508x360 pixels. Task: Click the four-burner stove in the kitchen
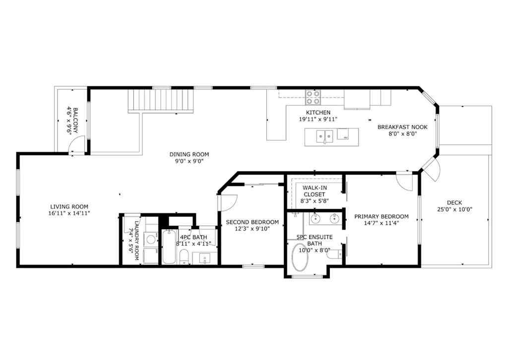coord(313,97)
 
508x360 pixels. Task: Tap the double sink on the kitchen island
coord(325,135)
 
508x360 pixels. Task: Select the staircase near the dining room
coord(160,101)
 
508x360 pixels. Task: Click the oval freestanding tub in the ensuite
coord(300,257)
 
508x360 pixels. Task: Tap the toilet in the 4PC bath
coord(183,256)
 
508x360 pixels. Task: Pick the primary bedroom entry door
coord(405,183)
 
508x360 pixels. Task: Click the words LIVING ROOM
coord(69,207)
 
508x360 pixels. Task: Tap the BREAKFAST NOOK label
coord(402,127)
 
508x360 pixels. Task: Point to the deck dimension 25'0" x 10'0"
coord(454,209)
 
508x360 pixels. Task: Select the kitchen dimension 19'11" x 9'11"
coord(318,119)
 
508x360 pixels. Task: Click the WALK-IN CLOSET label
coord(314,191)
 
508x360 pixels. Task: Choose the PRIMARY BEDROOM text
coord(381,216)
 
